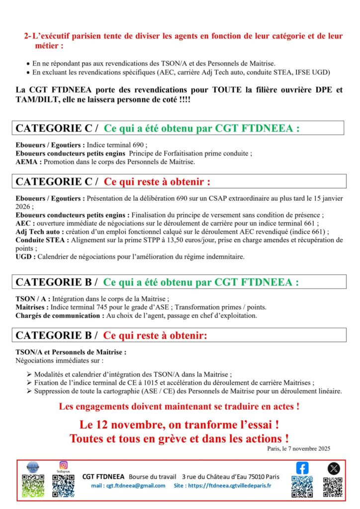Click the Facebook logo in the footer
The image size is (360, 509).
[302, 468]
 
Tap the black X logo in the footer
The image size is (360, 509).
[333, 468]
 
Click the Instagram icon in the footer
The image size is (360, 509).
[63, 465]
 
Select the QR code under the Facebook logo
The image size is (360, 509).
[302, 487]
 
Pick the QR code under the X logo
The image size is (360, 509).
[333, 487]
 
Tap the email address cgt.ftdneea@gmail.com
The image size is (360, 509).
[128, 486]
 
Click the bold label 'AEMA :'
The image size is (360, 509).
[27, 162]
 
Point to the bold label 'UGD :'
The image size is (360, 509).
[25, 256]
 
